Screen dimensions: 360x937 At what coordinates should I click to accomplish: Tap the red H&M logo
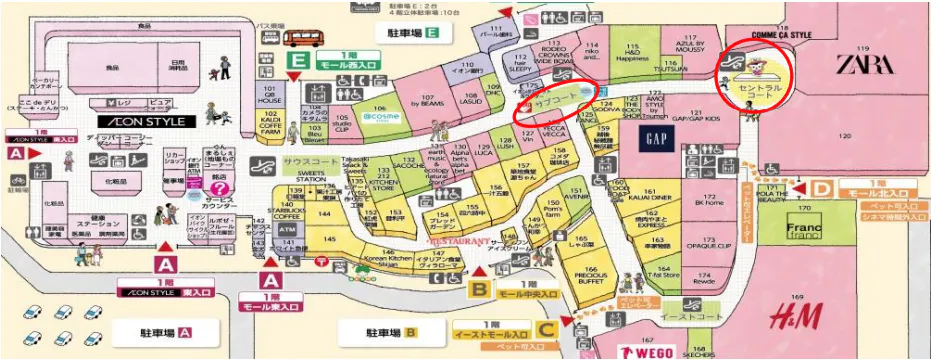click(796, 317)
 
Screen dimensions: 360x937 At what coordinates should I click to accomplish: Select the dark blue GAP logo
click(656, 138)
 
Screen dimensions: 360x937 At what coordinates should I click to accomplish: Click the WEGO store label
click(643, 351)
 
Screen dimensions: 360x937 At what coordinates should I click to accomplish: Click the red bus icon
click(301, 37)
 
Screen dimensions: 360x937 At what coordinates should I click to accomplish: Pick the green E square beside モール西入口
click(298, 59)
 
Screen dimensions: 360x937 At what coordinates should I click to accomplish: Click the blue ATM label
click(289, 231)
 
